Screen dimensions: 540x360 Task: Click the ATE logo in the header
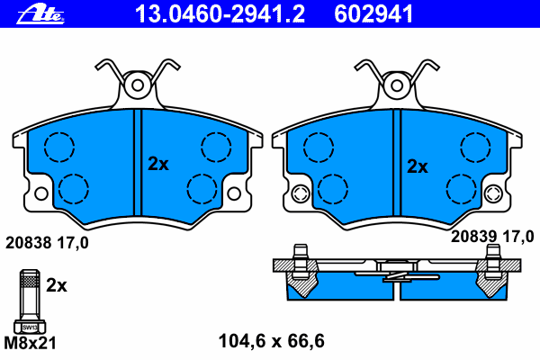pyautogui.click(x=40, y=15)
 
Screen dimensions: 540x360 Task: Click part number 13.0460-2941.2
pyautogui.click(x=220, y=14)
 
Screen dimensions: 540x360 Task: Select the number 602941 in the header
pyautogui.click(x=373, y=14)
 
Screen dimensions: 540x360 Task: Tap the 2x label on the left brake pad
pyautogui.click(x=158, y=164)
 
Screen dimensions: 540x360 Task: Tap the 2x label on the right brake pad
pyautogui.click(x=418, y=166)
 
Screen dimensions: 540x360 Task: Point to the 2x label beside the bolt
pyautogui.click(x=57, y=285)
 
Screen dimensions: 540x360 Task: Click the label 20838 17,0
pyautogui.click(x=47, y=243)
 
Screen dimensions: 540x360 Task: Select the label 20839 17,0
pyautogui.click(x=492, y=237)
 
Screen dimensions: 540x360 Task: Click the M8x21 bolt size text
pyautogui.click(x=30, y=343)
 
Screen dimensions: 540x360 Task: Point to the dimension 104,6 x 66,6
pyautogui.click(x=272, y=341)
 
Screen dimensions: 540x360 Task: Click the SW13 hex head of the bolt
pyautogui.click(x=30, y=327)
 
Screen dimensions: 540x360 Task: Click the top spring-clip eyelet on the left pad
pyautogui.click(x=138, y=85)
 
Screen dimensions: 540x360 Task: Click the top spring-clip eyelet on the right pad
pyautogui.click(x=397, y=85)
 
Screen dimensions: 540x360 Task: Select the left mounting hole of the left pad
pyautogui.click(x=41, y=193)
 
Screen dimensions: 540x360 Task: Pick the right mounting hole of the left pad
pyautogui.click(x=234, y=193)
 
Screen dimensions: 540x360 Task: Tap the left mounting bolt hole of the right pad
pyautogui.click(x=301, y=193)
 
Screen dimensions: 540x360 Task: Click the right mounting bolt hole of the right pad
pyautogui.click(x=493, y=193)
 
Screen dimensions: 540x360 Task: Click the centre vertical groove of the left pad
pyautogui.click(x=138, y=163)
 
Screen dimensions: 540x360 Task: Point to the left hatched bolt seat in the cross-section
pyautogui.click(x=302, y=278)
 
